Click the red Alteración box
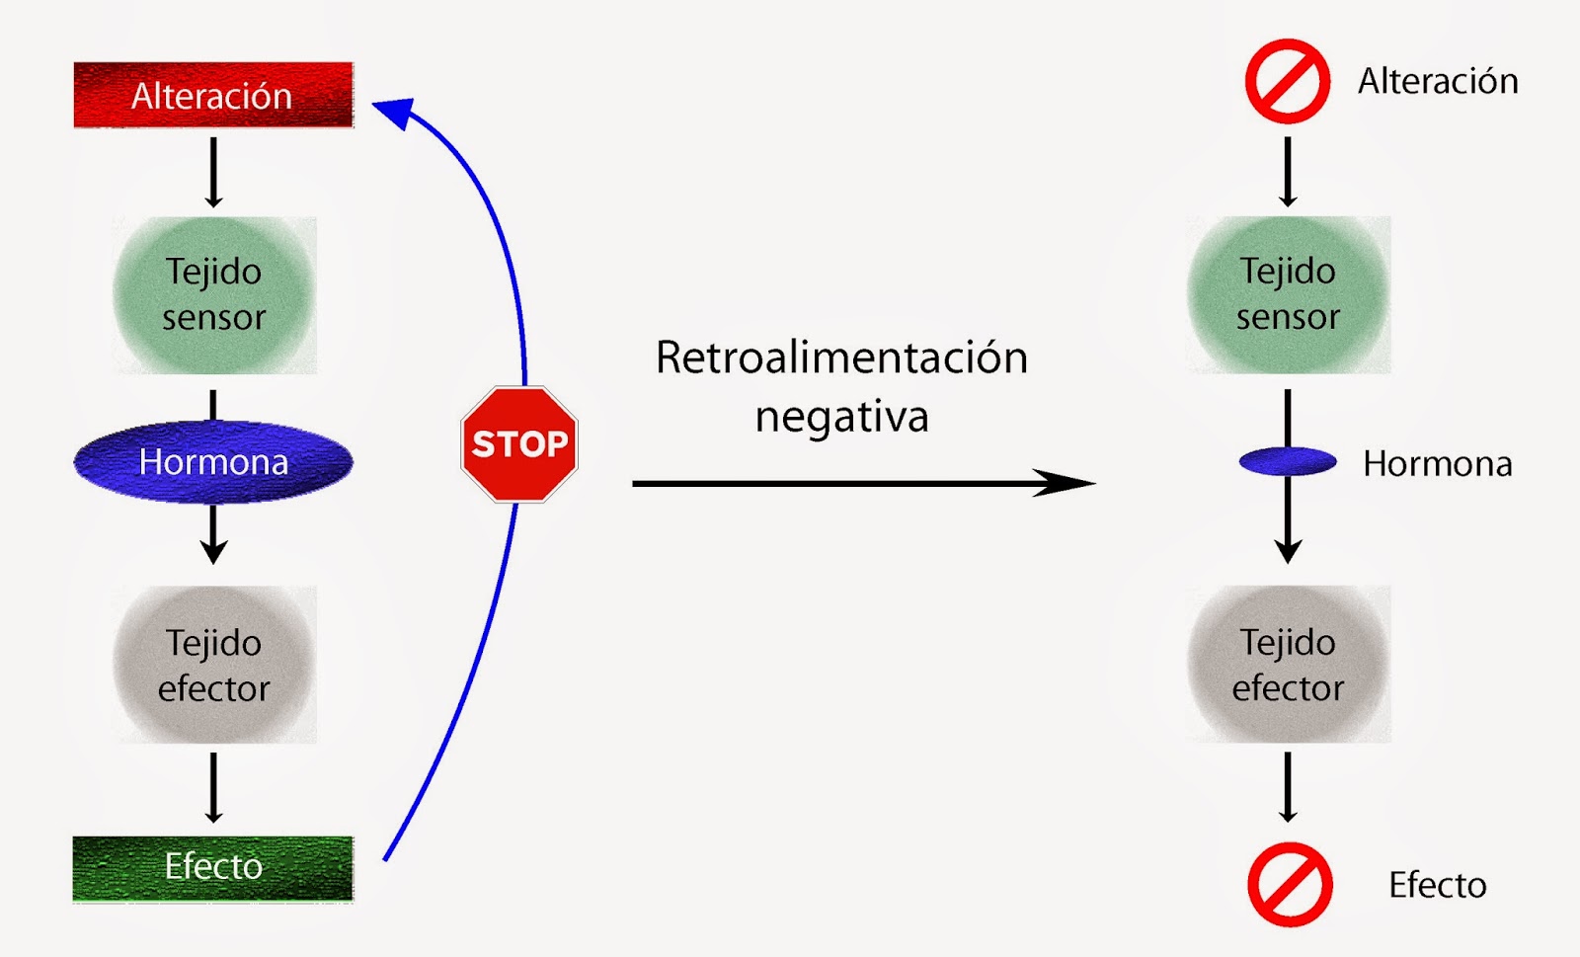pyautogui.click(x=213, y=95)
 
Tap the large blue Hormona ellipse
pyautogui.click(x=213, y=461)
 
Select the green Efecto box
pyautogui.click(x=213, y=867)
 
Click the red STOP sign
pyautogui.click(x=519, y=444)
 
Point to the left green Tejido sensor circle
pyautogui.click(x=214, y=294)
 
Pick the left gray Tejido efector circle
pyautogui.click(x=214, y=665)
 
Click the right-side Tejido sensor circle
pyautogui.click(x=1288, y=294)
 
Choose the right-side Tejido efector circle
pyautogui.click(x=1288, y=665)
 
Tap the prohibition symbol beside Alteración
pyautogui.click(x=1287, y=81)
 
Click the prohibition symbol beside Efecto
pyautogui.click(x=1290, y=884)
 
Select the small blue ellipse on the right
pyautogui.click(x=1288, y=461)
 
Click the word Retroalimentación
pyautogui.click(x=841, y=358)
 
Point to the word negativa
pyautogui.click(x=841, y=417)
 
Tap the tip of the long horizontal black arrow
pyautogui.click(x=1086, y=483)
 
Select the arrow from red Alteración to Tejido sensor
pyautogui.click(x=213, y=172)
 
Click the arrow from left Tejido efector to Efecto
pyautogui.click(x=213, y=787)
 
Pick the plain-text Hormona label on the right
pyautogui.click(x=1437, y=463)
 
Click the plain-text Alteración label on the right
pyautogui.click(x=1437, y=81)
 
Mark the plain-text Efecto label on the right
pyautogui.click(x=1437, y=885)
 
